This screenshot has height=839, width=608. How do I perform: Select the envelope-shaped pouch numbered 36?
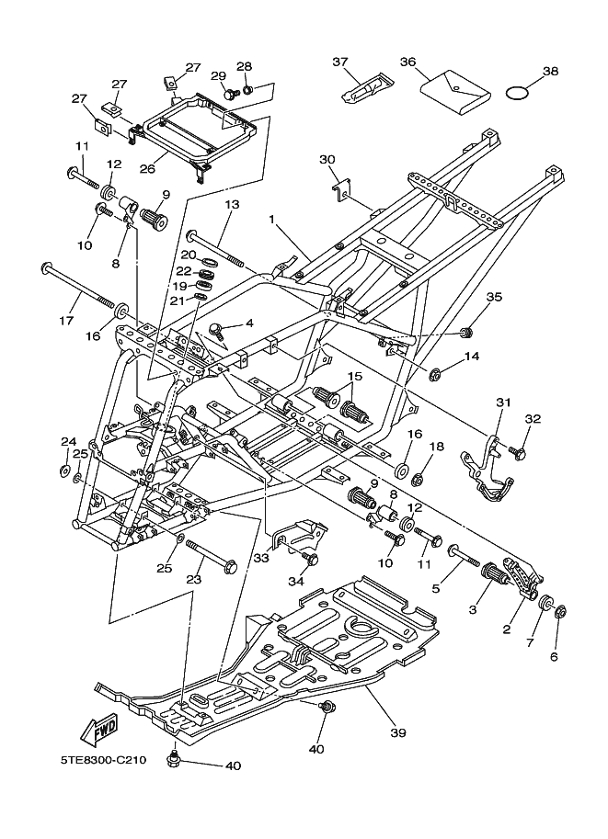(x=453, y=89)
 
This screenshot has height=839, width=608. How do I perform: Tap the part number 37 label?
(x=340, y=62)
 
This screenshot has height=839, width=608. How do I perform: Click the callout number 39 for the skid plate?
(x=397, y=732)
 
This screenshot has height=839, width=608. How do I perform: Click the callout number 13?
(x=231, y=204)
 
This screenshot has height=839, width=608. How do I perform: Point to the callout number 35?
(x=494, y=297)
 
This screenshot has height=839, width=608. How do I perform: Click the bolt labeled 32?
(x=517, y=453)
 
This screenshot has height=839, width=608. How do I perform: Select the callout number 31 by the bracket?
(x=502, y=402)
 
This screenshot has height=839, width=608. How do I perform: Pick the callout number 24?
(x=67, y=442)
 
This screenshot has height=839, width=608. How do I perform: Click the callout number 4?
(x=248, y=324)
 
